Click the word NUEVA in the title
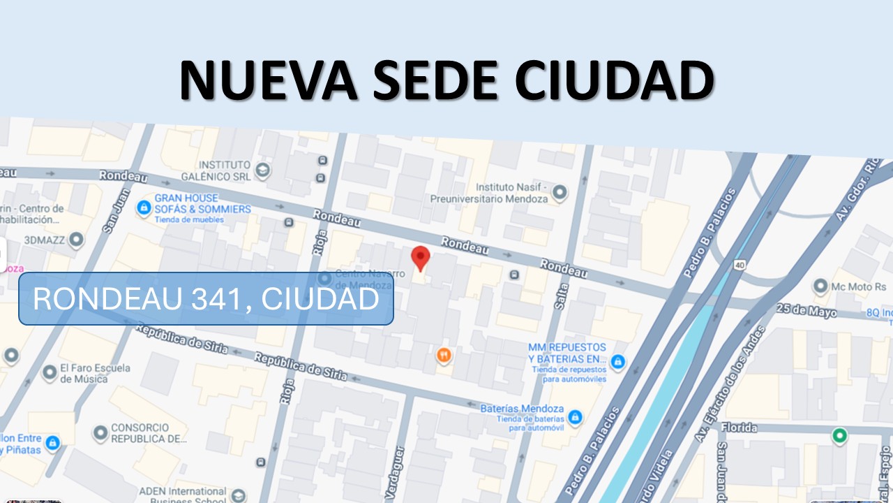[x=269, y=80]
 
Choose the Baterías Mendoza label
[x=522, y=409]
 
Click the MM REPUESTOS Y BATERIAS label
[x=566, y=353]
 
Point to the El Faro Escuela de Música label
[x=84, y=373]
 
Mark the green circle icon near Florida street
[x=840, y=437]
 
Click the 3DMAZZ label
[x=45, y=240]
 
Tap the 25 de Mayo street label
[x=806, y=311]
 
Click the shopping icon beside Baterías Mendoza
[x=575, y=417]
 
